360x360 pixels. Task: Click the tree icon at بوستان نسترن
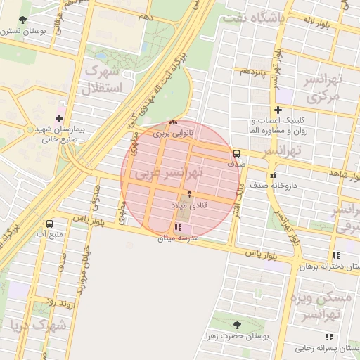click(x=24, y=20)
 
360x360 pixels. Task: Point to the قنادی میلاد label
click(x=189, y=204)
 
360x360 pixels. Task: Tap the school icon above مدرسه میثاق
click(x=177, y=228)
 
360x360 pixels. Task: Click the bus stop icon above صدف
click(x=236, y=153)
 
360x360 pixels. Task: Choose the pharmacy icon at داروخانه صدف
click(x=272, y=176)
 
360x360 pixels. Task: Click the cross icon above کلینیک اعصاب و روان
click(x=278, y=110)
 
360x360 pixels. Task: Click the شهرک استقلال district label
click(x=103, y=79)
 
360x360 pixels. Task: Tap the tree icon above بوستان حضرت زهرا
click(x=236, y=323)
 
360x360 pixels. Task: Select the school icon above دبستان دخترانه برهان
click(x=337, y=256)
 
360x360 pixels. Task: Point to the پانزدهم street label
click(x=253, y=71)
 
